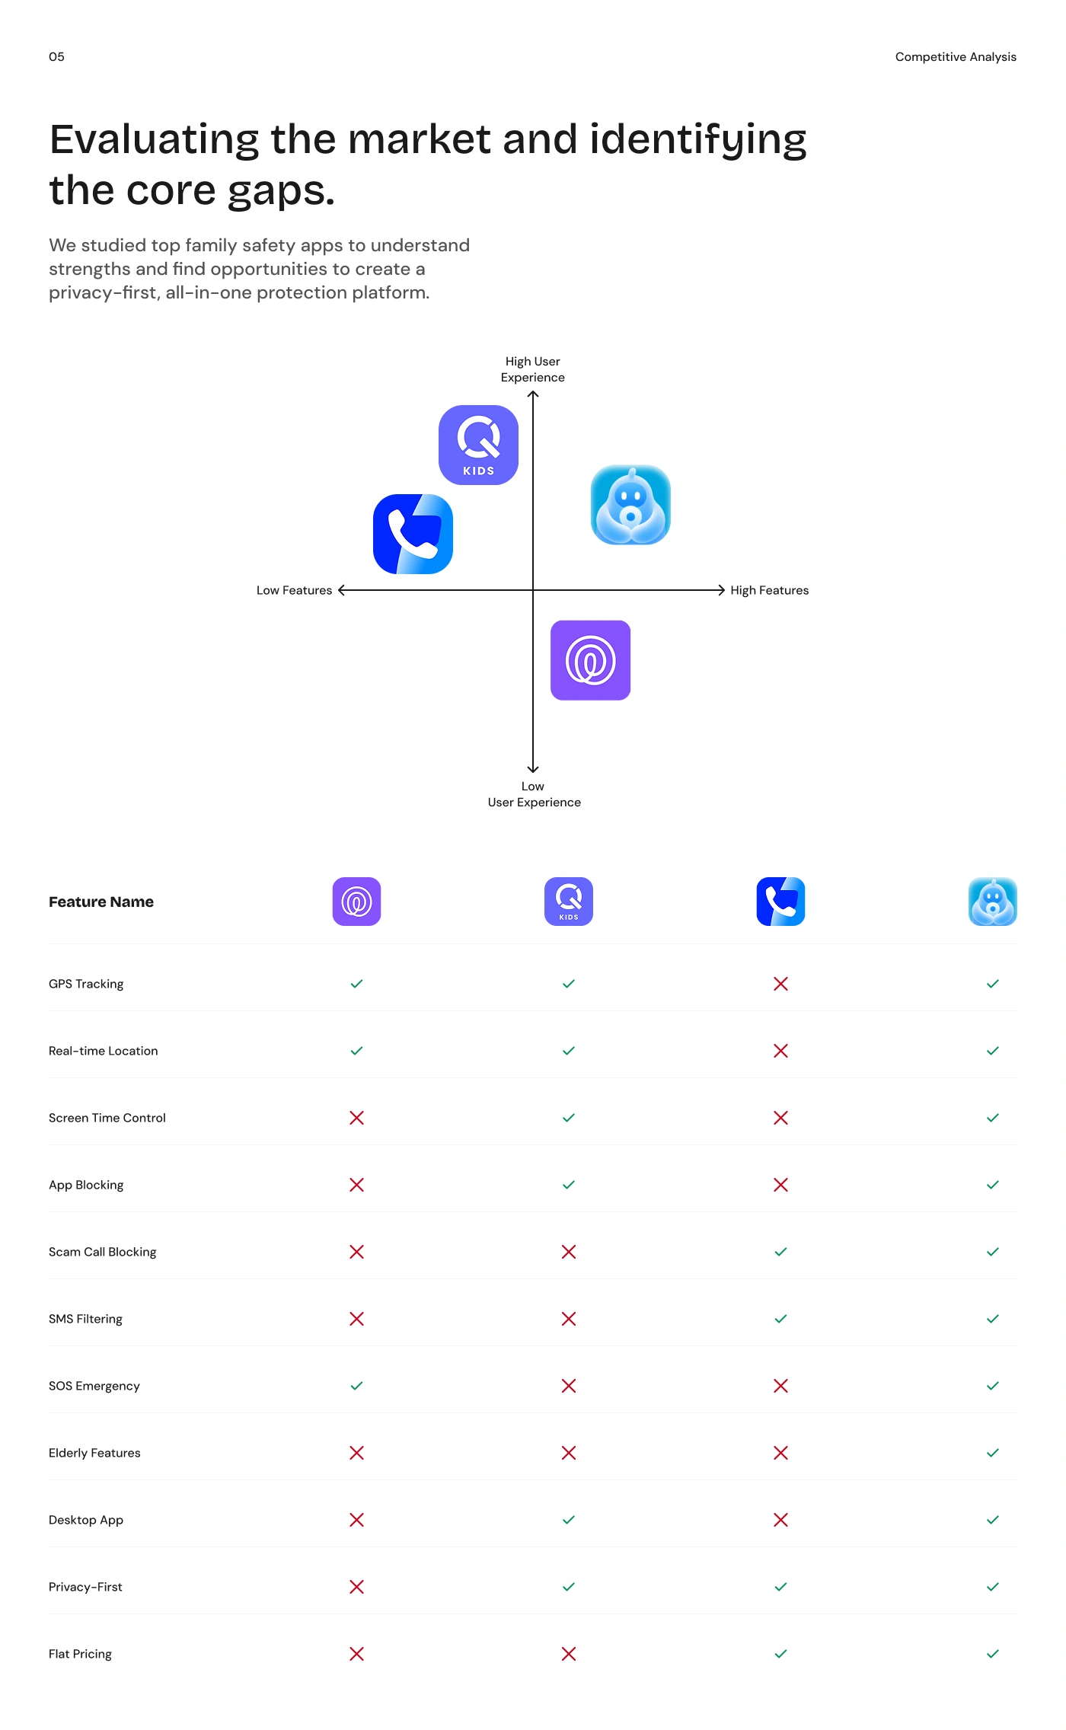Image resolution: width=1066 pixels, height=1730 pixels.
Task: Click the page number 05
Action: [x=56, y=57]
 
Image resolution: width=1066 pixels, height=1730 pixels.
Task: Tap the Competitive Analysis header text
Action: [x=956, y=57]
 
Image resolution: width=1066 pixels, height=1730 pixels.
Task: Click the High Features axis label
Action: [x=769, y=590]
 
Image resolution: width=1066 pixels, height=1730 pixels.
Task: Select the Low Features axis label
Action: [x=294, y=590]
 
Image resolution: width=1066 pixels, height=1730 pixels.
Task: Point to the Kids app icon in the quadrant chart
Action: [x=478, y=445]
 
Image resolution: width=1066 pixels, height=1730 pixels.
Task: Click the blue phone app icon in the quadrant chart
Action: [x=413, y=534]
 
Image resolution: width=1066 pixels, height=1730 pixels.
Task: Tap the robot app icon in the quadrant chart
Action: [x=630, y=505]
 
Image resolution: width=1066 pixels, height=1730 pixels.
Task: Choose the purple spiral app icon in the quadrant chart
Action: [x=590, y=660]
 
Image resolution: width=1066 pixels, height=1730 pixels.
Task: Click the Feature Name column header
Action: [x=101, y=902]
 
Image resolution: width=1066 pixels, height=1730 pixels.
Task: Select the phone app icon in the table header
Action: [x=780, y=902]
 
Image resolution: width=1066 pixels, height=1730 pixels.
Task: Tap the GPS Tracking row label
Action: [x=86, y=984]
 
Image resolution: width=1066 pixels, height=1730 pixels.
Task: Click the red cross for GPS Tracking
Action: [x=780, y=984]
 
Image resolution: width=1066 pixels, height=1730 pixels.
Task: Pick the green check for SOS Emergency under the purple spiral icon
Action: [x=356, y=1386]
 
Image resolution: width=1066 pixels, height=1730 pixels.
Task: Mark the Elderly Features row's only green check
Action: [x=993, y=1453]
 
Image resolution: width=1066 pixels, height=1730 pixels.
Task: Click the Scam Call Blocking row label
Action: [x=102, y=1252]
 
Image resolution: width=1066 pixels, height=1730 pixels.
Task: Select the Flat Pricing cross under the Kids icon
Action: [x=569, y=1654]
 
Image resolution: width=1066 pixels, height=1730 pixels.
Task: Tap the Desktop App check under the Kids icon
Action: [x=569, y=1520]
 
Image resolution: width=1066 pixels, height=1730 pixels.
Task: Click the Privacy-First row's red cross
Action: [x=356, y=1587]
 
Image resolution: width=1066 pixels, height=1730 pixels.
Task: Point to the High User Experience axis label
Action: [x=533, y=369]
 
